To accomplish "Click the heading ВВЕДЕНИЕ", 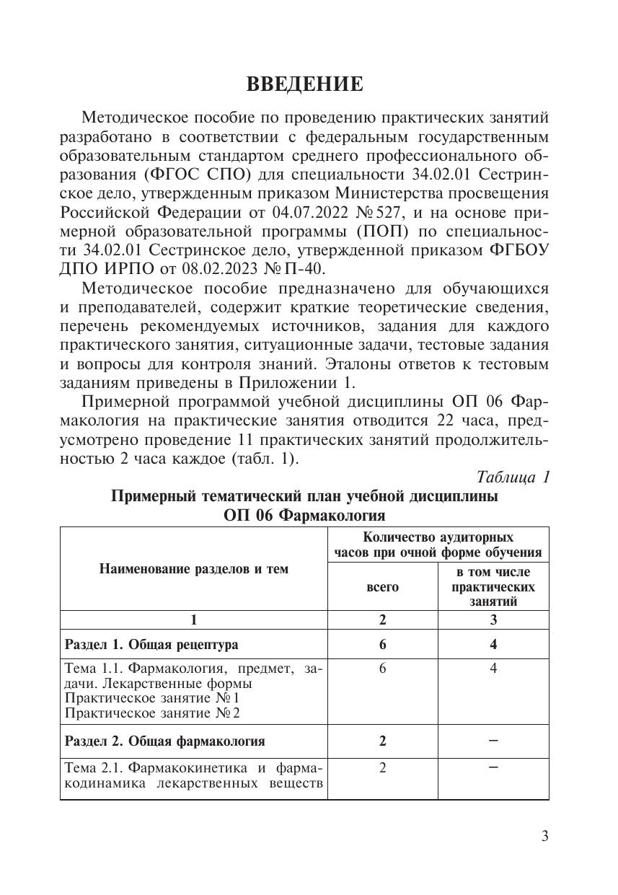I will coord(304,84).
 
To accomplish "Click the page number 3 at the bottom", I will coord(545,836).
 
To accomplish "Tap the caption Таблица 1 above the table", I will coord(513,477).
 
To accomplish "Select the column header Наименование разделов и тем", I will coord(193,569).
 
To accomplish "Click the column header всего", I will coord(382,587).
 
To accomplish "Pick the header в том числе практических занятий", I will coord(493,586).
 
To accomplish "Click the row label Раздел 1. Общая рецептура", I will coord(151,644).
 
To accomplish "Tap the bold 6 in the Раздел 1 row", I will coord(382,644).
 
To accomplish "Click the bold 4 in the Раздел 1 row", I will coord(493,644).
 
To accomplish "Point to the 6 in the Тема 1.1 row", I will coord(382,669).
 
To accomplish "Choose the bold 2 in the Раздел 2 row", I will coord(382,741).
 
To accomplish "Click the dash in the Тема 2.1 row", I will coord(493,767).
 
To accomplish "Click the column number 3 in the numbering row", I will coord(493,620).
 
